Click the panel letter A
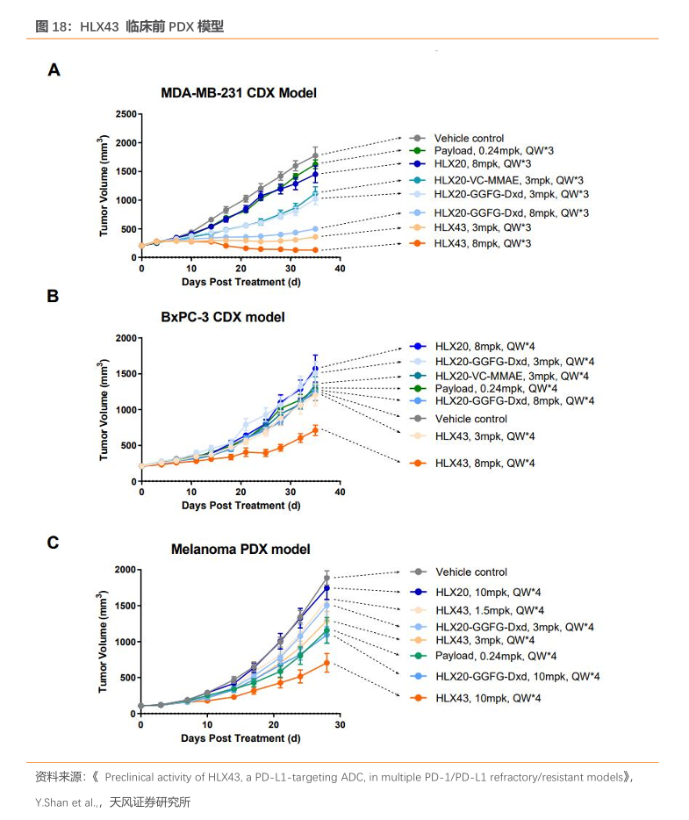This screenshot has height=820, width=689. [x=54, y=70]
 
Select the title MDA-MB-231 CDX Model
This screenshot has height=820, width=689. [x=238, y=93]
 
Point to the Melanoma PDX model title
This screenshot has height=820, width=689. [x=240, y=550]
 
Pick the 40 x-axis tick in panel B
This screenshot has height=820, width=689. [x=340, y=493]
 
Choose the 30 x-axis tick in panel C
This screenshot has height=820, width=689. [x=340, y=726]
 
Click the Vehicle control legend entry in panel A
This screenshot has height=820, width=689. [x=469, y=138]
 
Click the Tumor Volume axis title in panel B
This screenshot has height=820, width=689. [x=104, y=409]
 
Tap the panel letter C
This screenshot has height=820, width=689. [x=54, y=543]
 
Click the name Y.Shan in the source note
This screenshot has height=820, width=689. [x=52, y=802]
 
